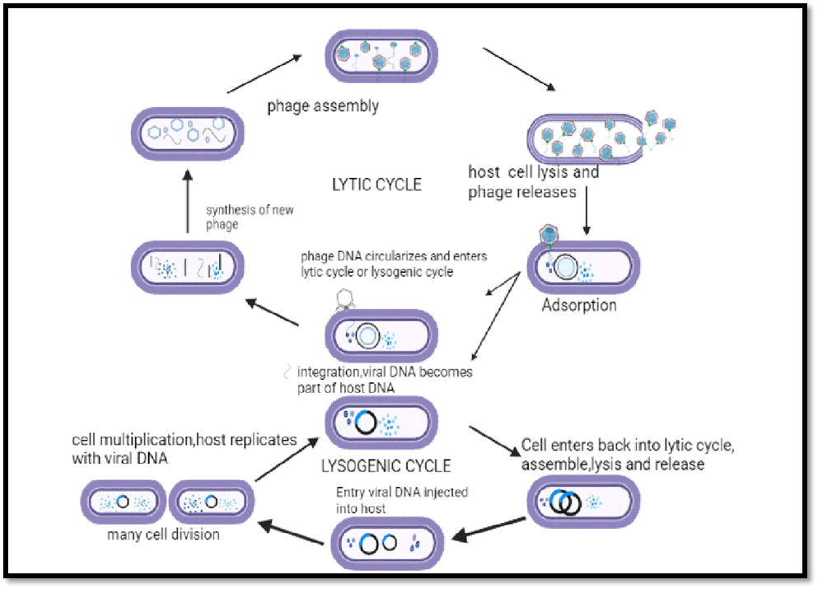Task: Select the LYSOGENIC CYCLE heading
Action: coord(386,466)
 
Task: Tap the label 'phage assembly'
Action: coord(323,106)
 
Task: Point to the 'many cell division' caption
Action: coord(163,535)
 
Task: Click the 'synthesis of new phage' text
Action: coord(249,217)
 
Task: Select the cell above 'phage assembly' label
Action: coord(380,57)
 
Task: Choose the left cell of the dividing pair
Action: coord(122,502)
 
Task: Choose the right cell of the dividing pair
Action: coord(211,502)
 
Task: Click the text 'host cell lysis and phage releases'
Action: coord(533,183)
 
